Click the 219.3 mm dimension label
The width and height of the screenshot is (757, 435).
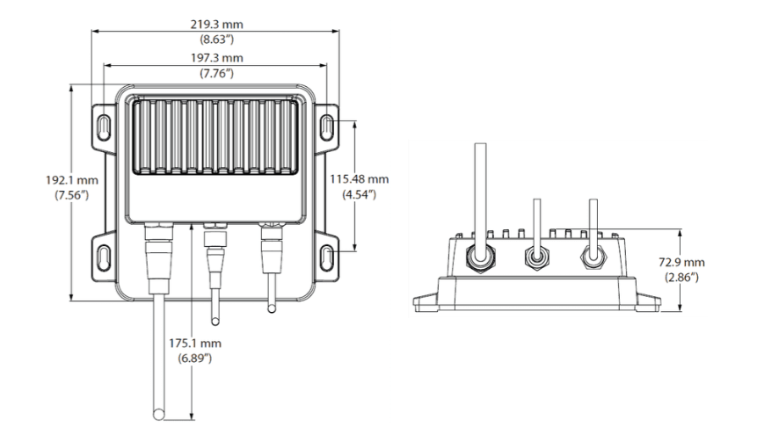[x=216, y=24]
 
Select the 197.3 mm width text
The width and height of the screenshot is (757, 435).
[x=216, y=58]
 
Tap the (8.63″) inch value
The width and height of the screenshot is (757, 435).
[x=216, y=40]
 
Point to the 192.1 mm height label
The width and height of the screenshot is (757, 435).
[x=72, y=180]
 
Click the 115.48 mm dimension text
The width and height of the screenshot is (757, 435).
[x=360, y=179]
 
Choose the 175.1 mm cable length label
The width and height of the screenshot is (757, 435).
[x=195, y=344]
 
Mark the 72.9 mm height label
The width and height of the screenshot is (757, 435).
[x=681, y=262]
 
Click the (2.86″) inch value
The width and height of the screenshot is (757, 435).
[x=681, y=278]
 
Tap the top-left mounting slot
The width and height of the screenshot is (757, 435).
[x=104, y=127]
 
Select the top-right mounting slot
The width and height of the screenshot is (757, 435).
[x=327, y=127]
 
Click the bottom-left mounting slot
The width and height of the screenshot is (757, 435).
[x=104, y=257]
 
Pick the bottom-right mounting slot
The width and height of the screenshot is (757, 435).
[x=327, y=257]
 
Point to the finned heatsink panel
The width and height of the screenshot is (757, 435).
[x=215, y=136]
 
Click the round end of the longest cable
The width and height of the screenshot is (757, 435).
[x=158, y=414]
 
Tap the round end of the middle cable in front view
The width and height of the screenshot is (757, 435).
[x=215, y=321]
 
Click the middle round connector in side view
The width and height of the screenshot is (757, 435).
[x=536, y=257]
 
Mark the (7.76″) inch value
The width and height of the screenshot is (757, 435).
[x=216, y=74]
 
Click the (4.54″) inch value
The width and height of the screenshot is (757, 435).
[x=360, y=194]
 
